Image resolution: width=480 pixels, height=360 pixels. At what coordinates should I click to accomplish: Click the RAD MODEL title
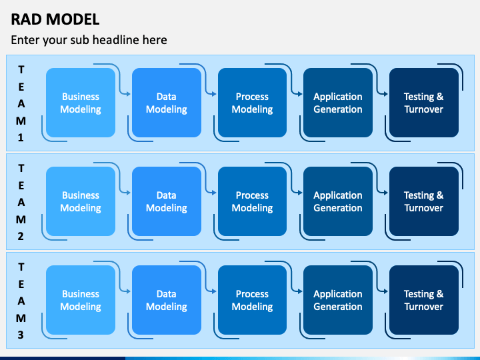[55, 19]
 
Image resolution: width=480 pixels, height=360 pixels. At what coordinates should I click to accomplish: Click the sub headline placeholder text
[89, 40]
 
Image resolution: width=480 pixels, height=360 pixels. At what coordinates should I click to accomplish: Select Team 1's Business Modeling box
[81, 103]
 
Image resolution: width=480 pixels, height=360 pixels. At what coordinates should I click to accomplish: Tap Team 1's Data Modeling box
[166, 103]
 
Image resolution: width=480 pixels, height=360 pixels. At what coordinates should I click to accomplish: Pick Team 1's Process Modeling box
[252, 103]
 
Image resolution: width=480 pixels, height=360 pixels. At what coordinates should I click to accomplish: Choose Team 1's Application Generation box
[338, 103]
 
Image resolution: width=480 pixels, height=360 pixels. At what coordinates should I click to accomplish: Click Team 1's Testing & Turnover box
[423, 103]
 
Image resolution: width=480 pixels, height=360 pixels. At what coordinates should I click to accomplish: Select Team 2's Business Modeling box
[81, 201]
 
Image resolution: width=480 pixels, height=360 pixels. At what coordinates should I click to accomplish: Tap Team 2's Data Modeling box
[166, 201]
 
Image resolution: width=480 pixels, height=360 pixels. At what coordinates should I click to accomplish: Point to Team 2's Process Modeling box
[252, 201]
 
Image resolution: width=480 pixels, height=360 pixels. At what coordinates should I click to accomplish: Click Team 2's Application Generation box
[338, 201]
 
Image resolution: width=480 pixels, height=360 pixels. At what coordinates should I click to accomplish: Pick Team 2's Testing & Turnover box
[423, 201]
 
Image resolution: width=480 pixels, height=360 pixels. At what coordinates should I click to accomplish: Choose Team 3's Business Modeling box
[81, 300]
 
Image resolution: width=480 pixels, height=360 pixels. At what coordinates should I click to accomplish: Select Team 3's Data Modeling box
[166, 300]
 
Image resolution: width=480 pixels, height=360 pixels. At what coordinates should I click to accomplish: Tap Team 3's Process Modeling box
[252, 300]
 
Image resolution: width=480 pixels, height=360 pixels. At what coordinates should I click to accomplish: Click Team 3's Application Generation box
[338, 300]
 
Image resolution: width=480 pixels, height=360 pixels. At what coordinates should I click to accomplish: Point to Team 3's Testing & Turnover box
[423, 300]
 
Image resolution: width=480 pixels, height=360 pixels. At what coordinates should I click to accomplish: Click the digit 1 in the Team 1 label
[21, 138]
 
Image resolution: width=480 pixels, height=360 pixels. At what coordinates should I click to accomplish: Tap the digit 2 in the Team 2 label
[21, 236]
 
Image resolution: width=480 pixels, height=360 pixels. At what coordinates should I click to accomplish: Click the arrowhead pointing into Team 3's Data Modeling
[128, 291]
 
